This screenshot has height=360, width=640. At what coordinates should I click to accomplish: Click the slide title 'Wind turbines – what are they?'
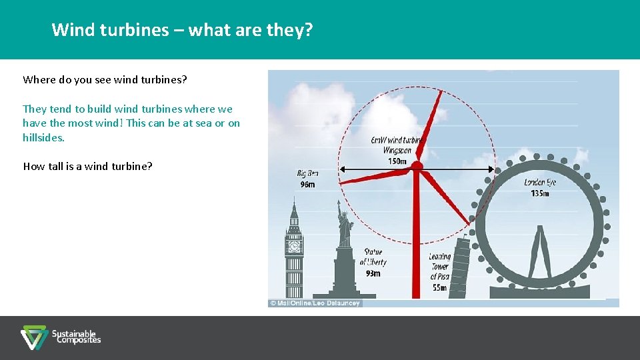182,30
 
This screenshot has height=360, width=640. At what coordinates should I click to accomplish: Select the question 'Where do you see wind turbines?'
105,80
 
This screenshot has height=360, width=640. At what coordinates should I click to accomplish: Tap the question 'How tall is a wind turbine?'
87,167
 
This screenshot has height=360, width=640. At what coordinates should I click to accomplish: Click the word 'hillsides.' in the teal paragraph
43,138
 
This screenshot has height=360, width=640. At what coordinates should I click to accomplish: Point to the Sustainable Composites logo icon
33,337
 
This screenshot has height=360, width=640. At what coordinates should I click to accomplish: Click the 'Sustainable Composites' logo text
76,337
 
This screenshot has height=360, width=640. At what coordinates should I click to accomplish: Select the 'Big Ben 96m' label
307,179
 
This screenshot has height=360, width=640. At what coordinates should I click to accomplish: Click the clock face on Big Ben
294,247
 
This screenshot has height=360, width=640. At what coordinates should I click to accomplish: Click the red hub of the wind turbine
417,166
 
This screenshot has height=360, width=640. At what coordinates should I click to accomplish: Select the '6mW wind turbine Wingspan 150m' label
397,150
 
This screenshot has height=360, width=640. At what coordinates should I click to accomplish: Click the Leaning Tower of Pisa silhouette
459,273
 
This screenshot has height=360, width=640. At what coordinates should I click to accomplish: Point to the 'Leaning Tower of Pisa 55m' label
439,272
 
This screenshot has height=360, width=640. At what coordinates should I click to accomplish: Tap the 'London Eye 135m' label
539,188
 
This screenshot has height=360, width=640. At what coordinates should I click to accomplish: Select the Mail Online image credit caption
315,303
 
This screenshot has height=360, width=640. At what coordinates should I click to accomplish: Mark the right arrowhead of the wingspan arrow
493,169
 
